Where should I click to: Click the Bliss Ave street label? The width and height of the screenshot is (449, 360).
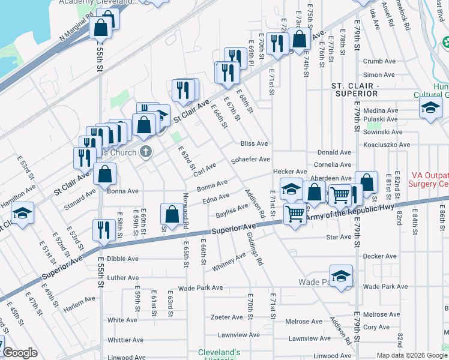tap(254, 144)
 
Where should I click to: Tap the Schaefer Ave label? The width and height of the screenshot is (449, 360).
tap(251, 160)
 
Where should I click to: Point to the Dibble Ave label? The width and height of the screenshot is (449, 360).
tap(123, 259)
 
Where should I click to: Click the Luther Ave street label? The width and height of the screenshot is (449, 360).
tap(123, 278)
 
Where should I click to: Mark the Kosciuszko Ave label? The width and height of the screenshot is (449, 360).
tap(387, 145)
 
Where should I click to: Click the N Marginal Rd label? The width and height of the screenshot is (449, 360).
tap(74, 31)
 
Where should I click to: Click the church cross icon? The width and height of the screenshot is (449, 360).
tap(146, 151)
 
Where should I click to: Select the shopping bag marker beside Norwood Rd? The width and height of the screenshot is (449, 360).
tap(172, 214)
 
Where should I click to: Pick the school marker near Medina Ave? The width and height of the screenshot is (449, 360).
tap(430, 108)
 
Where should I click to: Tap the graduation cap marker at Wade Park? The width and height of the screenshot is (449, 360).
tap(341, 277)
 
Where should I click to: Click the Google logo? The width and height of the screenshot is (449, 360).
tap(20, 353)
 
